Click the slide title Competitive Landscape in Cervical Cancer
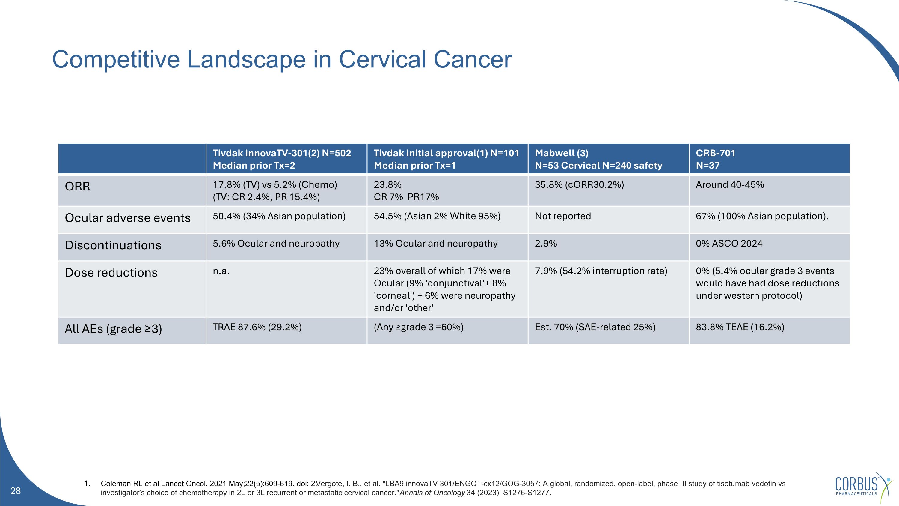coord(282,59)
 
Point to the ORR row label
coord(78,187)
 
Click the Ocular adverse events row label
coord(128,218)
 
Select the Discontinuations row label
coord(113,245)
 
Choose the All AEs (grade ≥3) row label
coord(113,329)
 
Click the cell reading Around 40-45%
coord(730,185)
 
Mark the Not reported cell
coord(562,216)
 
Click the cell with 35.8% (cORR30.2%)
coord(579,185)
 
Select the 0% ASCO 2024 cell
coord(729,243)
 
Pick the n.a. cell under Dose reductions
coord(221,271)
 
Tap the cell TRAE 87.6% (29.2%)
coord(257,327)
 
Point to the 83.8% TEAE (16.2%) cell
coord(740,327)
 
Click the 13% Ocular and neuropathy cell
coord(435,243)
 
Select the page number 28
coord(16,491)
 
